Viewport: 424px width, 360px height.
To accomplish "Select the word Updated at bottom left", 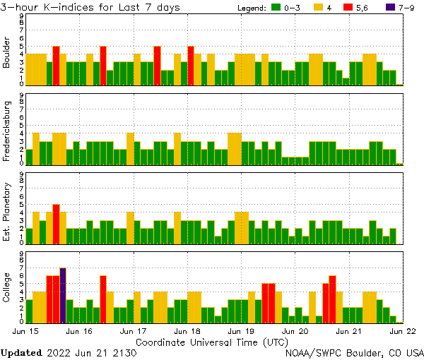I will pos(21,352).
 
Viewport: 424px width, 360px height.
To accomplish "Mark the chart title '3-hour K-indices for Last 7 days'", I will pos(90,7).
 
